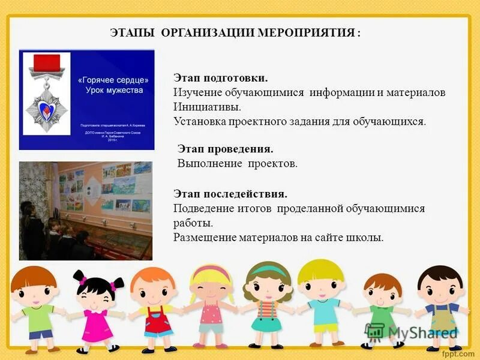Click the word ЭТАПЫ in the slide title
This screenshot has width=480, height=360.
pyautogui.click(x=133, y=32)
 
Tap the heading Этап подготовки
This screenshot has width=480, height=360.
pyautogui.click(x=220, y=79)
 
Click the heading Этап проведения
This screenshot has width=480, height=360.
pyautogui.click(x=226, y=148)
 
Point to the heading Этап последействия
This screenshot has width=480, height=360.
pyautogui.click(x=230, y=194)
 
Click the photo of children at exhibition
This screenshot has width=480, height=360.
pyautogui.click(x=85, y=210)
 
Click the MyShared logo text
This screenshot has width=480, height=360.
pyautogui.click(x=420, y=332)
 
